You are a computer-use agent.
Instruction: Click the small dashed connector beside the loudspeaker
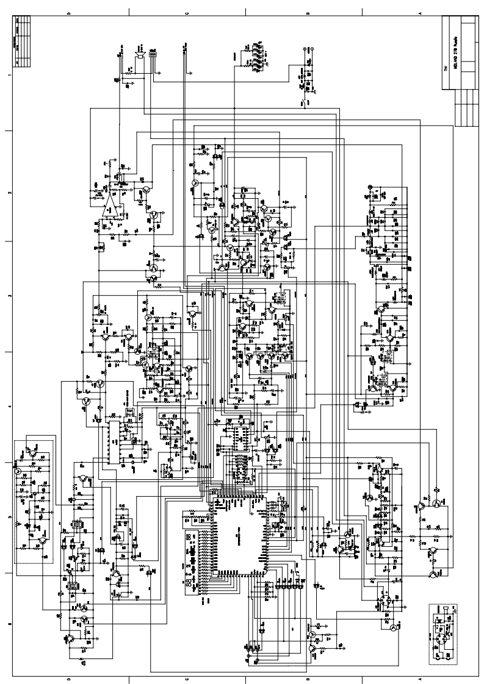[x=151, y=56]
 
